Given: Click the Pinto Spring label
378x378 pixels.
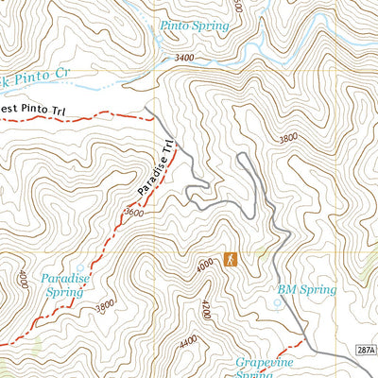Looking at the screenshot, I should coord(194,26).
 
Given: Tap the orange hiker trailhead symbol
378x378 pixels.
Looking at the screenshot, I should coord(230,258).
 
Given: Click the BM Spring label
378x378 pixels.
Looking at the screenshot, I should coord(306,289).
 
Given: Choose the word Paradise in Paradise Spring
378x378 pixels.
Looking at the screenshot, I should coord(65,278).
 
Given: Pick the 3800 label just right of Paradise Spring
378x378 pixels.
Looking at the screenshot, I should coord(104,304).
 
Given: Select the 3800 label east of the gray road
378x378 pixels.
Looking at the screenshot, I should coord(287,139).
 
